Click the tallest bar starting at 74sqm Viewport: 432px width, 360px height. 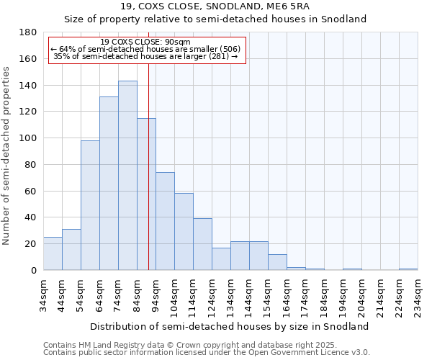[127, 176]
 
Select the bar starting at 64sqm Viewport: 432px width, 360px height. [109, 184]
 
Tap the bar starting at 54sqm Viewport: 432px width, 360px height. [90, 205]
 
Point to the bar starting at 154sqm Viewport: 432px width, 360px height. [277, 262]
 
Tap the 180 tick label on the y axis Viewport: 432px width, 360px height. [29, 32]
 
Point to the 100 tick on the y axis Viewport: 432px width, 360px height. [29, 138]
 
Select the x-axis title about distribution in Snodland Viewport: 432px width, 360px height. [230, 326]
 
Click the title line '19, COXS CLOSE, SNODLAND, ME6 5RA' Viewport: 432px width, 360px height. [216, 7]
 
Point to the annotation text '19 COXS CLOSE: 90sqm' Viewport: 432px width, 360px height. [145, 42]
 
